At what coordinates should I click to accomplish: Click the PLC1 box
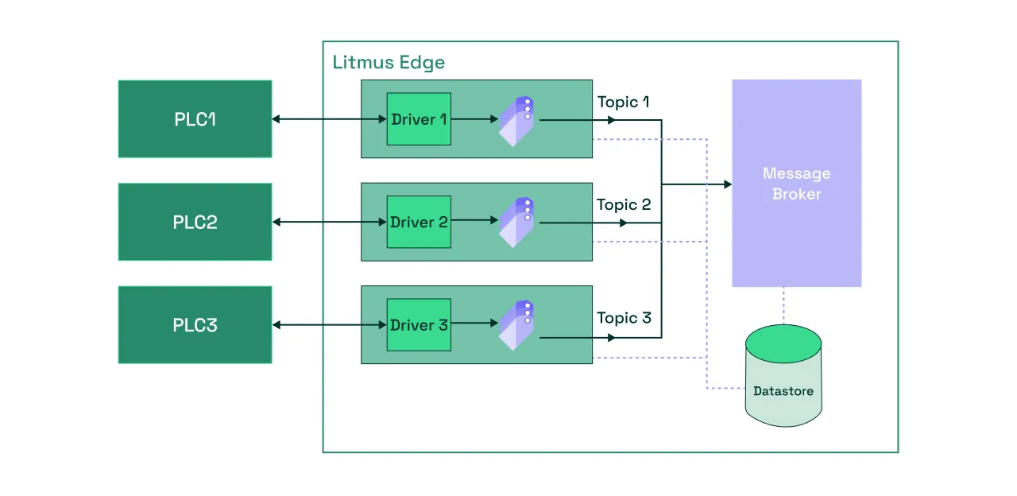coord(195,119)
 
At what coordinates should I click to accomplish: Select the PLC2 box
coord(195,222)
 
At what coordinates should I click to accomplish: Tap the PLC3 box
coord(195,325)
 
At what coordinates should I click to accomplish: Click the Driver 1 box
coord(419,119)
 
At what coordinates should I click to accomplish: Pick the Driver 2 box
coord(419,222)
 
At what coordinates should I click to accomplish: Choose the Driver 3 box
coord(419,325)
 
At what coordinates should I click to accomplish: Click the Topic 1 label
coord(623,103)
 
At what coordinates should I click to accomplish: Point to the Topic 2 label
coord(624,205)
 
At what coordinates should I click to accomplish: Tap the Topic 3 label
coord(624,318)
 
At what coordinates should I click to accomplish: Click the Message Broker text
coord(796,184)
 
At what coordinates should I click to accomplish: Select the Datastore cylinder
coord(783,376)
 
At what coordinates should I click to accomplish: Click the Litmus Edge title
coord(389,63)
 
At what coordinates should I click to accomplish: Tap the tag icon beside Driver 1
coord(516,122)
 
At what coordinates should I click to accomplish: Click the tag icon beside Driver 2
coord(516,223)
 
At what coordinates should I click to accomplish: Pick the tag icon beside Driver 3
coord(516,325)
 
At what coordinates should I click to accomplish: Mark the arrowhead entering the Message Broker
coord(728,184)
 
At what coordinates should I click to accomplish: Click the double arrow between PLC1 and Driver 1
coord(329,119)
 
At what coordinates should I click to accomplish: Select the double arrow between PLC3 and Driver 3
coord(329,325)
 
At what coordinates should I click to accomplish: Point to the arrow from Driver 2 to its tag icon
coord(475,220)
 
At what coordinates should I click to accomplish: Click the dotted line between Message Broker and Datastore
coord(783,306)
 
